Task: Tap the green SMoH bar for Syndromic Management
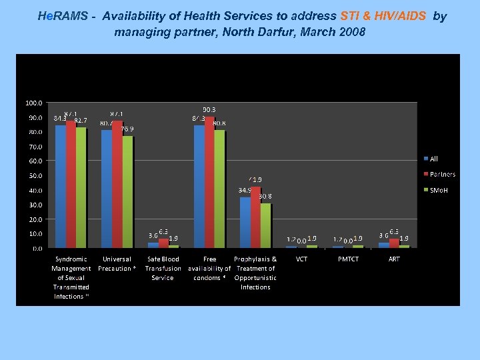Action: pos(81,187)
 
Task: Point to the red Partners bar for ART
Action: pos(394,243)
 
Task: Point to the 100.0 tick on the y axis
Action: pos(34,103)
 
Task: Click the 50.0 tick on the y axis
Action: pos(34,175)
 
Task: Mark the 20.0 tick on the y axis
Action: pos(34,219)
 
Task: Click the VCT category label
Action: pos(302,259)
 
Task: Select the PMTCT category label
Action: pos(348,259)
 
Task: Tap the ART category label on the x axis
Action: pos(394,259)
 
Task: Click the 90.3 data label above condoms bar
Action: pos(209,109)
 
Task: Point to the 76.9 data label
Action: pos(127,129)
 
